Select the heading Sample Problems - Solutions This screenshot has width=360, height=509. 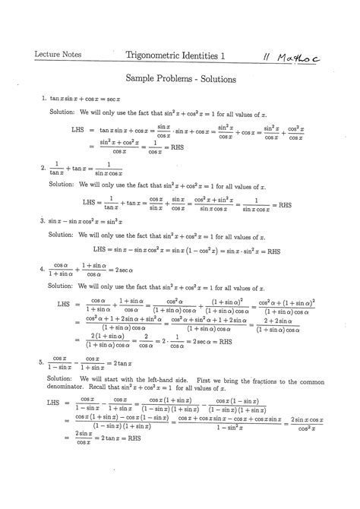tap(180, 79)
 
